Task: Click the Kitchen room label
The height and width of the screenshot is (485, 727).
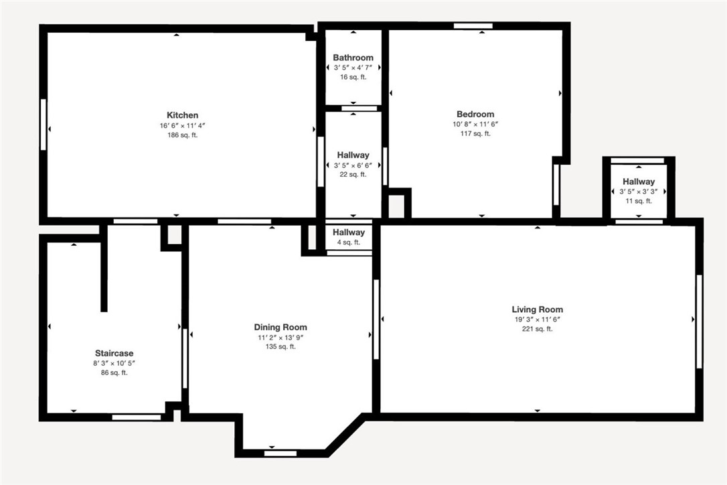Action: pyautogui.click(x=182, y=115)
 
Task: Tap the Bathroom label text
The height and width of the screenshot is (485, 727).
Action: pyautogui.click(x=353, y=58)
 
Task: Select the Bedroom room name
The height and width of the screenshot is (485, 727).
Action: pyautogui.click(x=475, y=115)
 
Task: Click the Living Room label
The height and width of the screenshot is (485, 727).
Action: pyautogui.click(x=537, y=309)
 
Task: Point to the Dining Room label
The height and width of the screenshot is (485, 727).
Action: pyautogui.click(x=280, y=328)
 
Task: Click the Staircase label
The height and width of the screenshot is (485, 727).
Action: pyautogui.click(x=114, y=353)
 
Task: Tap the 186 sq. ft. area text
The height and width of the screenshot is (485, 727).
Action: pyautogui.click(x=182, y=135)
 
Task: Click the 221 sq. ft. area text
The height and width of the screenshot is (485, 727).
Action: pyautogui.click(x=537, y=329)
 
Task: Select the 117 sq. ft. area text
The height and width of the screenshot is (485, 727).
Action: pyautogui.click(x=475, y=134)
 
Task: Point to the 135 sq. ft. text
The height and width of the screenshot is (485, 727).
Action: pyautogui.click(x=280, y=347)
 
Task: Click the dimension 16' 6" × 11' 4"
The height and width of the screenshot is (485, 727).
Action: pyautogui.click(x=182, y=125)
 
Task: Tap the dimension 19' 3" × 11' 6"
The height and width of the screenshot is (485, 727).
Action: pyautogui.click(x=537, y=320)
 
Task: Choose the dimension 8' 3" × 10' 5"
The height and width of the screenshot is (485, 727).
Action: pyautogui.click(x=114, y=363)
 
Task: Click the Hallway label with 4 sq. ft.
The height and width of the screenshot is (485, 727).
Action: pyautogui.click(x=349, y=232)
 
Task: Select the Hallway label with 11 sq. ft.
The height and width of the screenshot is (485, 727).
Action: pyautogui.click(x=639, y=182)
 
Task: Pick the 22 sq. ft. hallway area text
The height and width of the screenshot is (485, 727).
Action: pyautogui.click(x=353, y=175)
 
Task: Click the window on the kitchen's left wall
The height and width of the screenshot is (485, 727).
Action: pyautogui.click(x=44, y=125)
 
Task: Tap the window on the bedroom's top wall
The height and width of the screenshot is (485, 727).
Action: pyautogui.click(x=473, y=26)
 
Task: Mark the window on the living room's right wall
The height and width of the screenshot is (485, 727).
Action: pyautogui.click(x=699, y=322)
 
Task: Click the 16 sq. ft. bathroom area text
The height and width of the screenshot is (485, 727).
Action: pyautogui.click(x=353, y=77)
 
